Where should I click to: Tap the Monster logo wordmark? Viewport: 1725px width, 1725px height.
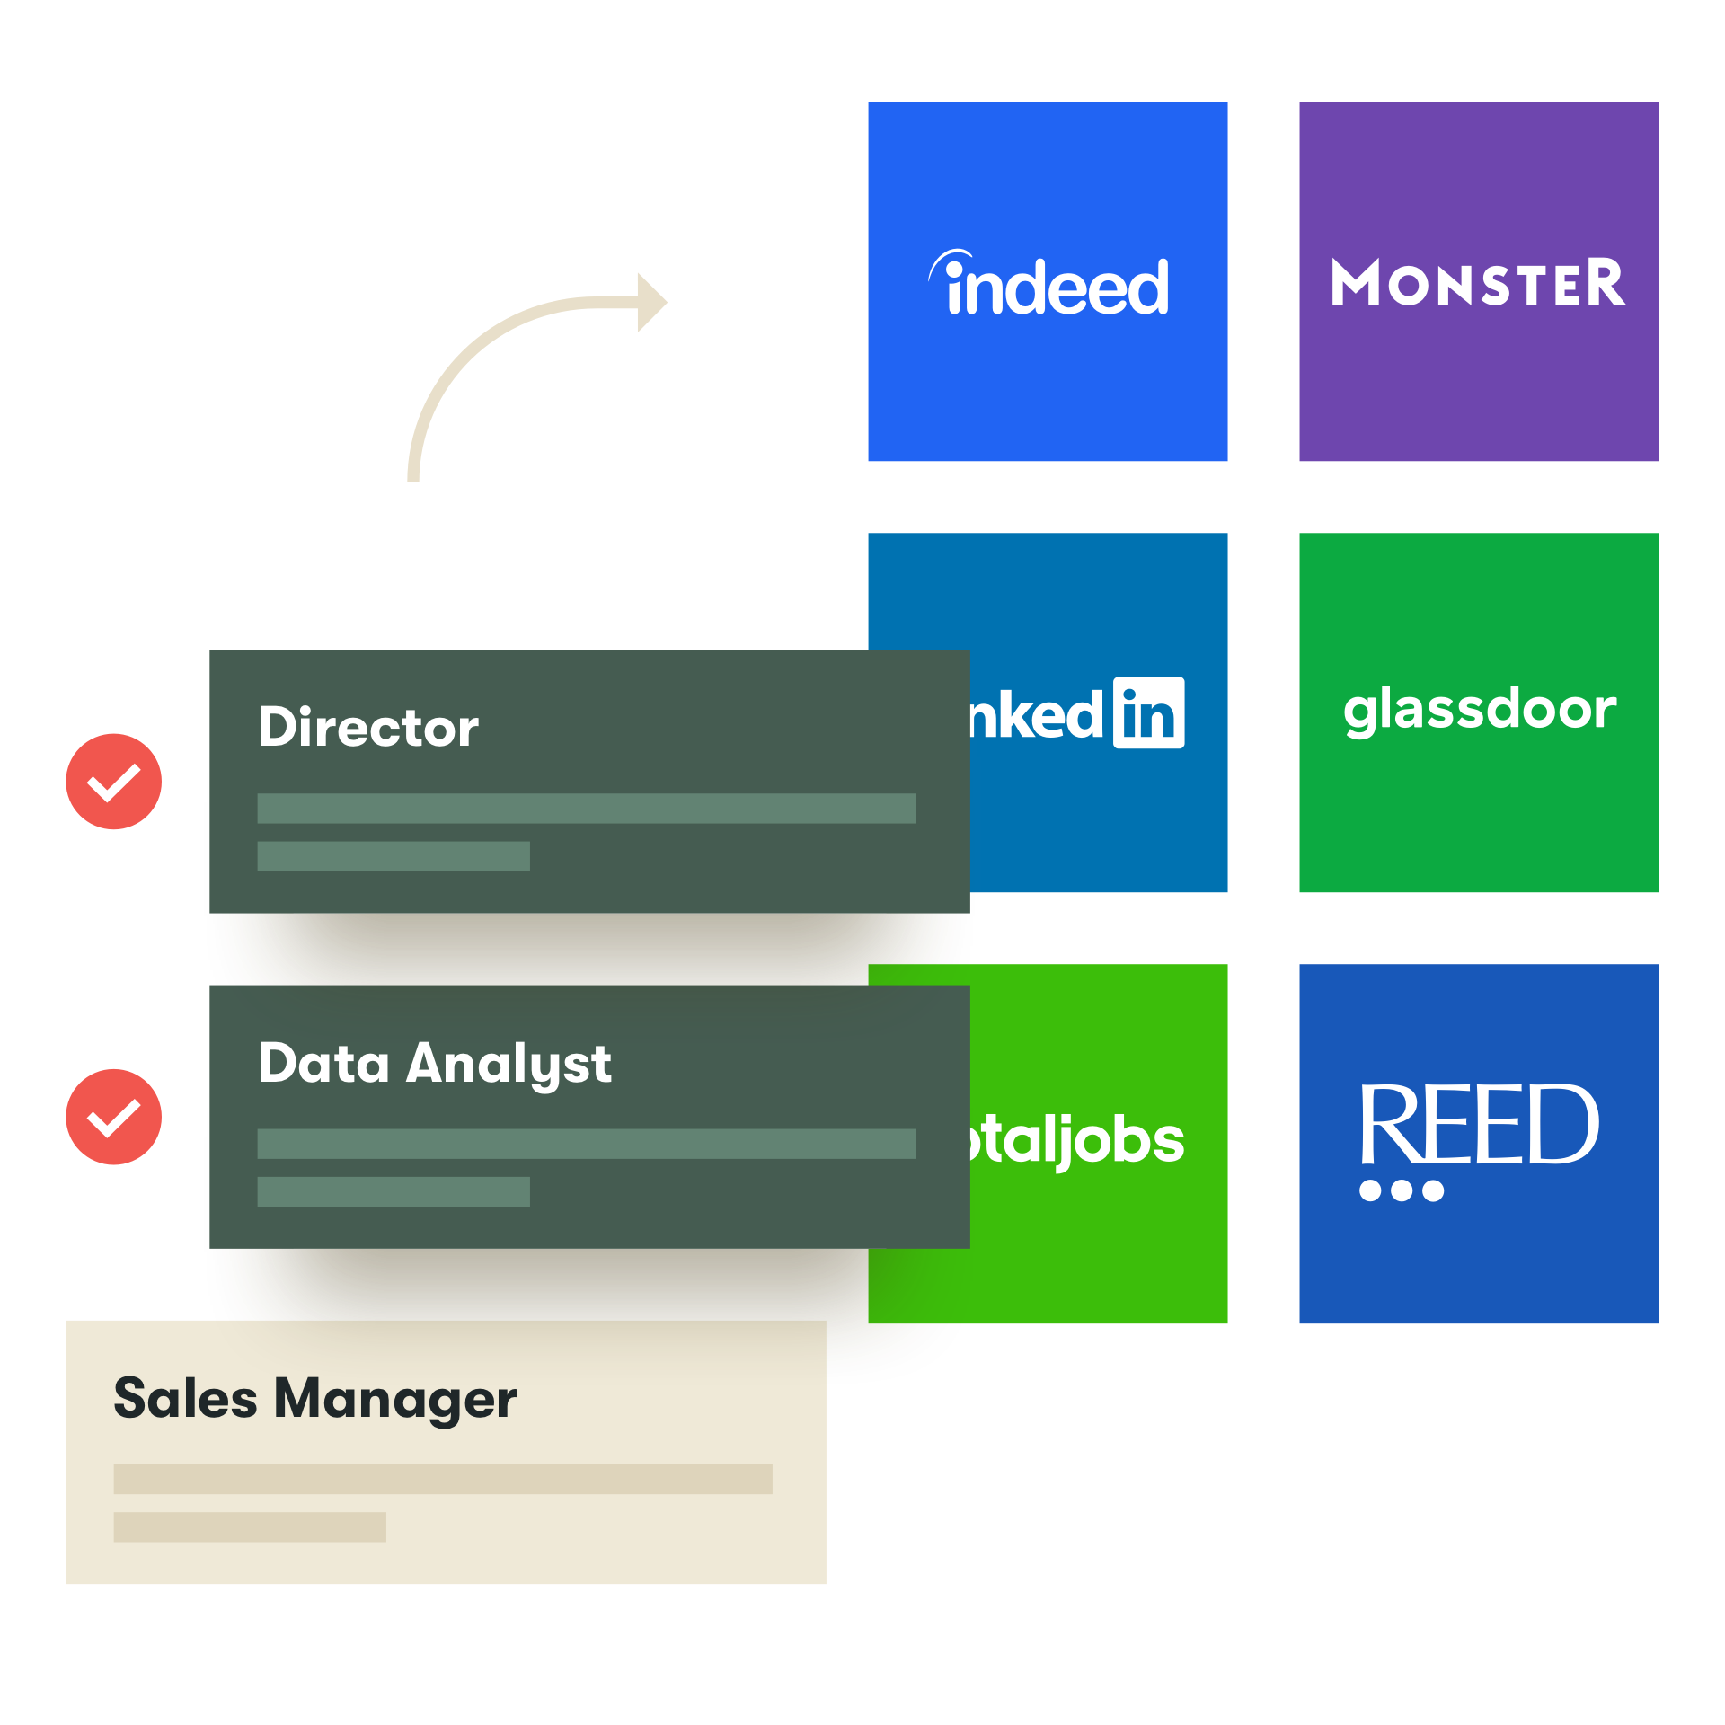pos(1478,284)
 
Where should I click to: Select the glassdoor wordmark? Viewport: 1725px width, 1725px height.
pos(1480,710)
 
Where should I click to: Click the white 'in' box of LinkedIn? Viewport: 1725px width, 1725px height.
pos(1148,712)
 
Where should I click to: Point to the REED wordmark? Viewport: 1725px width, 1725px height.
pos(1478,1125)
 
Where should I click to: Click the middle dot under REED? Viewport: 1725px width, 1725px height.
pos(1402,1191)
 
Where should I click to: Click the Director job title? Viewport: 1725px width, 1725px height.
pos(368,727)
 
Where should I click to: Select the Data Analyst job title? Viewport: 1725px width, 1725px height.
pos(435,1064)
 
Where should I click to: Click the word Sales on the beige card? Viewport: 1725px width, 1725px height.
pos(186,1399)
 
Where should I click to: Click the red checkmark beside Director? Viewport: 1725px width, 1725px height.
pos(114,782)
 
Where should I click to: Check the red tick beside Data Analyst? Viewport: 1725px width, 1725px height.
pos(114,1117)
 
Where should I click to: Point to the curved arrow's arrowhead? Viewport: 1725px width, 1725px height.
pos(650,302)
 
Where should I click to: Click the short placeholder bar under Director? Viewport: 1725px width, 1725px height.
pos(394,856)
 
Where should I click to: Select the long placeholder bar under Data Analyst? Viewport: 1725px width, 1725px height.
pos(587,1144)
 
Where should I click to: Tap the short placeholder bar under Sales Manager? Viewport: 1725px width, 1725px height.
pos(250,1527)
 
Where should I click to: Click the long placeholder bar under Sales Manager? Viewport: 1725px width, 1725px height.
pos(443,1480)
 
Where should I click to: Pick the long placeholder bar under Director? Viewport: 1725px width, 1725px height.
pos(587,809)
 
